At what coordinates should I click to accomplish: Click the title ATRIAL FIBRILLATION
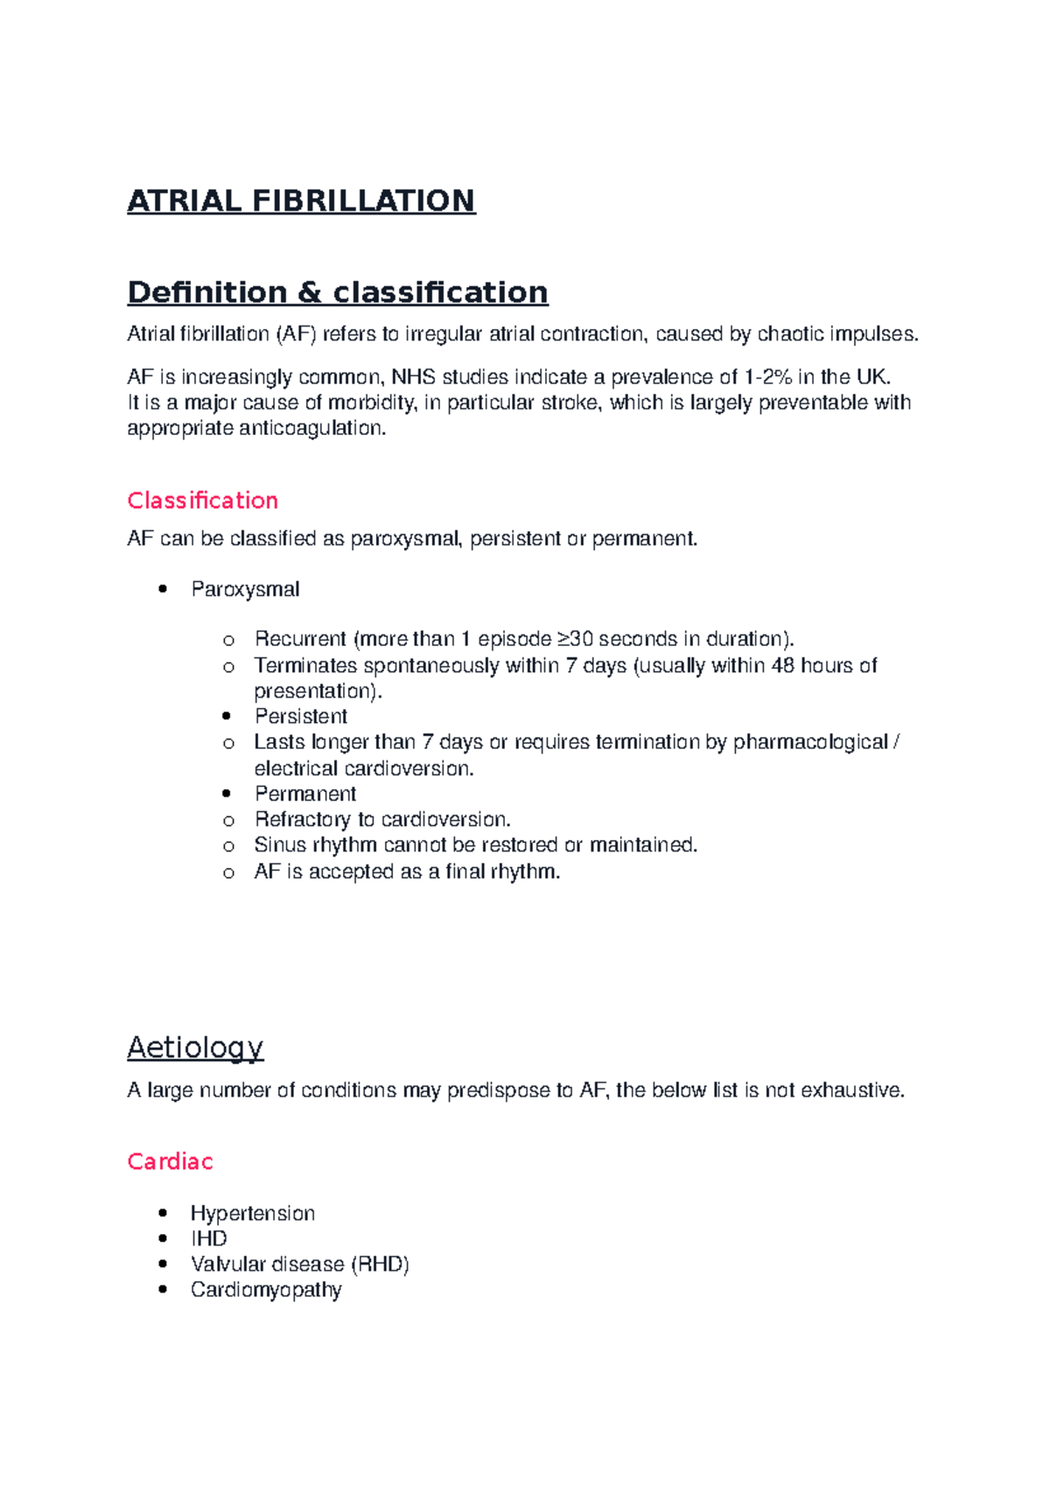pyautogui.click(x=301, y=200)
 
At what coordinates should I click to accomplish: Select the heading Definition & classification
pyautogui.click(x=337, y=291)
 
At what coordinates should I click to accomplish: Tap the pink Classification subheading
pyautogui.click(x=202, y=500)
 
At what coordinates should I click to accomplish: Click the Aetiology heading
pyautogui.click(x=195, y=1047)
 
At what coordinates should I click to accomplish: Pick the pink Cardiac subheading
pyautogui.click(x=170, y=1161)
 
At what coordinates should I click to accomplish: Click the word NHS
pyautogui.click(x=413, y=377)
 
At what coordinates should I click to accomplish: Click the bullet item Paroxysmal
pyautogui.click(x=245, y=589)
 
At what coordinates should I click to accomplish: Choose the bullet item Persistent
pyautogui.click(x=300, y=716)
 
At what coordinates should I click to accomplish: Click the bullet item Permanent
pyautogui.click(x=304, y=794)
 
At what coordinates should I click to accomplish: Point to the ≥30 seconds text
pyautogui.click(x=616, y=639)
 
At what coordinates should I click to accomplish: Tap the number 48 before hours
pyautogui.click(x=782, y=665)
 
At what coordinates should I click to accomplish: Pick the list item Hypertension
pyautogui.click(x=252, y=1213)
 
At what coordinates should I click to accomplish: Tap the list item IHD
pyautogui.click(x=208, y=1238)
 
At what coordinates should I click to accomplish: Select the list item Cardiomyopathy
pyautogui.click(x=266, y=1289)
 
